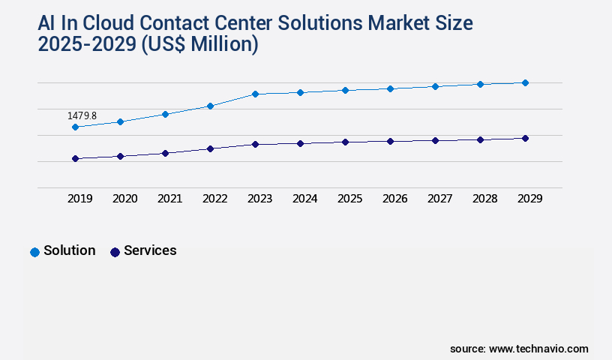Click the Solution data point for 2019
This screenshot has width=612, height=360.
point(75,127)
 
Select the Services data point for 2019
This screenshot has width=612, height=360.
point(75,158)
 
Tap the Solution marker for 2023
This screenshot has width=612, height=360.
point(255,94)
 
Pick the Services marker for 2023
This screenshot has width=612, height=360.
point(255,144)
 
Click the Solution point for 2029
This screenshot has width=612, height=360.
point(525,82)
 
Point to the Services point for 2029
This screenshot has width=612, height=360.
point(525,138)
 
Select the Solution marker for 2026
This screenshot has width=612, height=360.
point(390,88)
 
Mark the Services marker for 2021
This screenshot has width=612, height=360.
point(165,153)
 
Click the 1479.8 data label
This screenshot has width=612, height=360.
point(82,116)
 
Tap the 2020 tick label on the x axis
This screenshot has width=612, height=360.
point(124,199)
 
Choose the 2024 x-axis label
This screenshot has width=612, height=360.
point(304,199)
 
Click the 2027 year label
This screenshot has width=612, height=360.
point(439,199)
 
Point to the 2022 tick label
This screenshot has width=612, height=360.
point(214,199)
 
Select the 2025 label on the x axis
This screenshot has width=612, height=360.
point(349,199)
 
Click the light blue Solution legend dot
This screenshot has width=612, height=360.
point(34,252)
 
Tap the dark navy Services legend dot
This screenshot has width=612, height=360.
point(115,252)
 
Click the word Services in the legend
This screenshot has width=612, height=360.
point(150,250)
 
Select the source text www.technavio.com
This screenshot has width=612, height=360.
point(538,349)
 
